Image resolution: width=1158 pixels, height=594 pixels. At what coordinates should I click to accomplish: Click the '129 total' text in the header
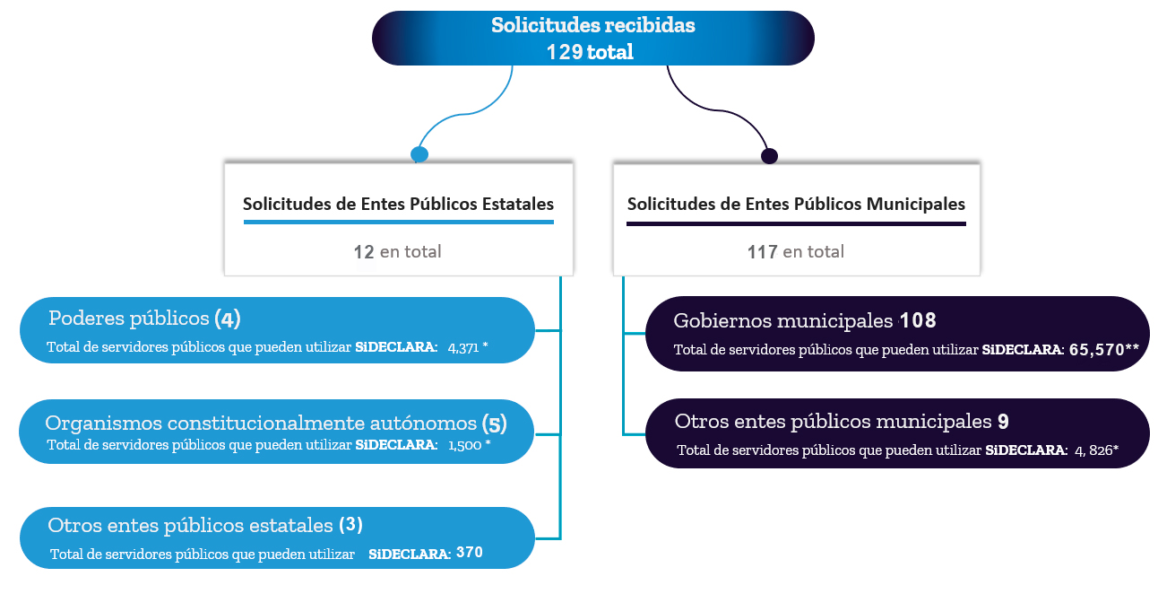(590, 52)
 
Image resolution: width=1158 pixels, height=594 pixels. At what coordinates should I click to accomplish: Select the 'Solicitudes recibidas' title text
(592, 25)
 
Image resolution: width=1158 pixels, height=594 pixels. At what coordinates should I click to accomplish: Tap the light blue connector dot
(419, 154)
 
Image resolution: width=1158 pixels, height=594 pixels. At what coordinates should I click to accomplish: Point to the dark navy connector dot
(769, 156)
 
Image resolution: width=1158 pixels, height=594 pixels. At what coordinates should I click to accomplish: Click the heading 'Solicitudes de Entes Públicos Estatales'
(398, 204)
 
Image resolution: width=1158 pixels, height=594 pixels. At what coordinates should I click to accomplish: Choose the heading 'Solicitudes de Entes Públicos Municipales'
(796, 204)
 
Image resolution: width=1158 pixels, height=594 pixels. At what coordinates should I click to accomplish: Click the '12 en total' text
(397, 252)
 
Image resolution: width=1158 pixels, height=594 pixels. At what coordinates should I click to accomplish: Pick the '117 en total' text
(795, 252)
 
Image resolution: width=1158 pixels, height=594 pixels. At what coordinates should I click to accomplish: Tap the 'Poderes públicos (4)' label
(144, 319)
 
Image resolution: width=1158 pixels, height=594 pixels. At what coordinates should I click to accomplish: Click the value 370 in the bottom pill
(469, 553)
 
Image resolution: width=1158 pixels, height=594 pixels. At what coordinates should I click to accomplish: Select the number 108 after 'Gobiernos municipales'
(918, 321)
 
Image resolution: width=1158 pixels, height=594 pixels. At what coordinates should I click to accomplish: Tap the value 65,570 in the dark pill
(1098, 350)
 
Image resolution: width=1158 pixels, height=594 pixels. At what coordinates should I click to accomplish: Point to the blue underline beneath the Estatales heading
(398, 222)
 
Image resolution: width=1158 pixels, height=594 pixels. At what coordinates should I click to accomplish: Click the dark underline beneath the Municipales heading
(796, 223)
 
